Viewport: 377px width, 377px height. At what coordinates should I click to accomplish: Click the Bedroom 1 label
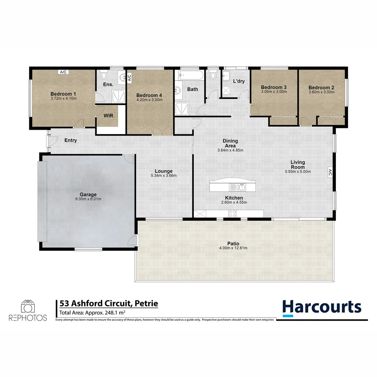click(x=63, y=94)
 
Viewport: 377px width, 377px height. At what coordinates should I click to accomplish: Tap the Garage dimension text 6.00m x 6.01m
click(x=88, y=199)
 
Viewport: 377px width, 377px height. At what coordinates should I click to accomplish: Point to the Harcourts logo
click(x=322, y=307)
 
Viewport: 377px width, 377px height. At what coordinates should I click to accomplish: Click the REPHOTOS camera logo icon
click(x=28, y=306)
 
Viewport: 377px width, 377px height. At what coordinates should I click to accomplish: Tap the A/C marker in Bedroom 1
click(x=63, y=72)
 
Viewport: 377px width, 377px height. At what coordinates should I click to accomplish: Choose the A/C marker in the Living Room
click(x=330, y=172)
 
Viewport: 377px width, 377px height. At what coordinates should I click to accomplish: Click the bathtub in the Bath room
click(x=190, y=75)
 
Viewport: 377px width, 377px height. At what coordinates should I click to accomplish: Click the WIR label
click(x=109, y=116)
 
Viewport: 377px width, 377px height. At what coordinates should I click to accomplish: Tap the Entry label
click(x=71, y=140)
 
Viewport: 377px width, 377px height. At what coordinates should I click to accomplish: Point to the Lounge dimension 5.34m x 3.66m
click(x=164, y=176)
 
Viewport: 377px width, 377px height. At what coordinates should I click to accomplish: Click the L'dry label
click(x=238, y=81)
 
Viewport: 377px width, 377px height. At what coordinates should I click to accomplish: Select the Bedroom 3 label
click(x=274, y=87)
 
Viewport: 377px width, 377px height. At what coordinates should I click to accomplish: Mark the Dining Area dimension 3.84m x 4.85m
click(x=230, y=150)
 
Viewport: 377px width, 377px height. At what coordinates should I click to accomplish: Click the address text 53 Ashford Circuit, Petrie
click(x=109, y=303)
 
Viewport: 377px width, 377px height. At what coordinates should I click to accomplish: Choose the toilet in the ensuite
click(x=104, y=75)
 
